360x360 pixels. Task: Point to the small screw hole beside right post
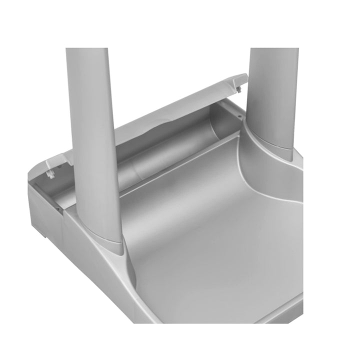pos(240,115)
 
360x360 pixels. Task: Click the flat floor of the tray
pos(210,250)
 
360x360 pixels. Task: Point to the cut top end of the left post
pos(86,49)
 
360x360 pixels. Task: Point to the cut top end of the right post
pos(274,49)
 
